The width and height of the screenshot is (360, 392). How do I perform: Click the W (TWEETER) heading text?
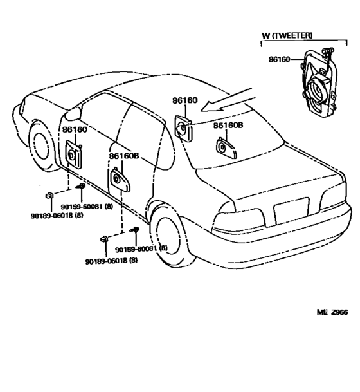click(287, 35)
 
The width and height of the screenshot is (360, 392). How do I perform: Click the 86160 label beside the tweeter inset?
click(280, 59)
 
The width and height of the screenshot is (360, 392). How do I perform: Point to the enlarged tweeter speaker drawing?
click(319, 83)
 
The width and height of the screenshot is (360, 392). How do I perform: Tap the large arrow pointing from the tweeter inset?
click(228, 100)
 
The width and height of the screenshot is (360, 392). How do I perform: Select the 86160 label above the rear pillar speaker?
click(185, 100)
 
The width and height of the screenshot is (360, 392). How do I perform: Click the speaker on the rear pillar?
click(183, 129)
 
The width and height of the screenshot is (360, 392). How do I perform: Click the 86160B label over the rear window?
click(228, 126)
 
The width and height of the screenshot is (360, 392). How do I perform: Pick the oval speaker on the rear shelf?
click(226, 149)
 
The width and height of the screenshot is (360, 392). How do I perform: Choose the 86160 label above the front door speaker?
click(75, 130)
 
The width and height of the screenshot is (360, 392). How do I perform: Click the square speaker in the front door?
click(74, 154)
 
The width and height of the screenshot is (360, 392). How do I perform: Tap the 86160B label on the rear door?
click(124, 156)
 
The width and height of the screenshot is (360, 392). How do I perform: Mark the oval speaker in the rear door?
click(120, 180)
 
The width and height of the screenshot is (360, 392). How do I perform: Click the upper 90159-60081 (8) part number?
click(87, 207)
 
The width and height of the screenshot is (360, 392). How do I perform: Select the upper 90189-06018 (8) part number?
click(57, 215)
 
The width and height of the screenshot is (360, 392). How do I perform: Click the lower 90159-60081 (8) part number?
click(141, 249)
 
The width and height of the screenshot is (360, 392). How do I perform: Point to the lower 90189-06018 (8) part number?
click(111, 261)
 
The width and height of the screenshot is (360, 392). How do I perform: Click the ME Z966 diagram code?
click(332, 312)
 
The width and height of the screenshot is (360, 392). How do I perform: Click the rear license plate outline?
click(292, 211)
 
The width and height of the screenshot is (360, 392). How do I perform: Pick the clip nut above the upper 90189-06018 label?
click(50, 195)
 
